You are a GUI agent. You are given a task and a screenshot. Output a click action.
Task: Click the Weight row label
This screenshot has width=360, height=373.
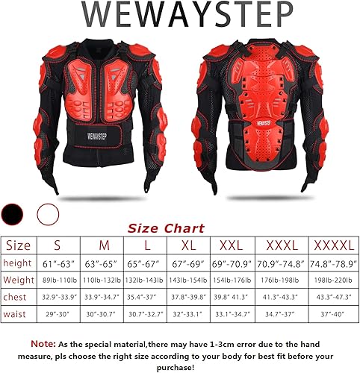tap(18, 280)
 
